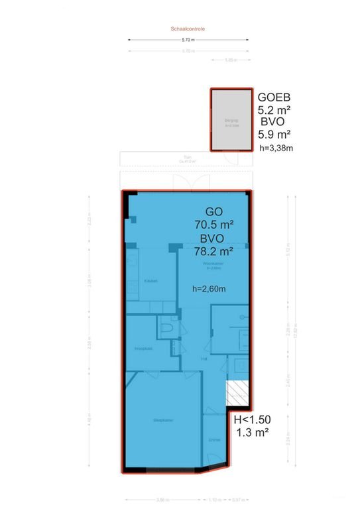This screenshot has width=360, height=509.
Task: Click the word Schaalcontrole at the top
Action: [x=187, y=28]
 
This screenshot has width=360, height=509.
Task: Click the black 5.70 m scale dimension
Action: [x=188, y=40]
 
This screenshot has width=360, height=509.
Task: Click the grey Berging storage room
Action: [x=231, y=121]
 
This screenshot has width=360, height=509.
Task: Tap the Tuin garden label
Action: [x=178, y=158]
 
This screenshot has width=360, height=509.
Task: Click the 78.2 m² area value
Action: [x=213, y=251]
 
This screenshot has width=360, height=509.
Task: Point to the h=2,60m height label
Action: [x=209, y=289]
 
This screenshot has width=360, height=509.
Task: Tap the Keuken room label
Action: [x=150, y=281]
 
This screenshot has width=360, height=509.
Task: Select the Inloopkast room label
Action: [x=143, y=349]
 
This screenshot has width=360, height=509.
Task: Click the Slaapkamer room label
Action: [x=162, y=420]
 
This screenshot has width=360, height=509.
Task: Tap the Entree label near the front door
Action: [x=214, y=439]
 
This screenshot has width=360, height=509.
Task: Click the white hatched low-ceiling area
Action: [x=236, y=393]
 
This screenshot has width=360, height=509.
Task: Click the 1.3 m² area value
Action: [x=252, y=433]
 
